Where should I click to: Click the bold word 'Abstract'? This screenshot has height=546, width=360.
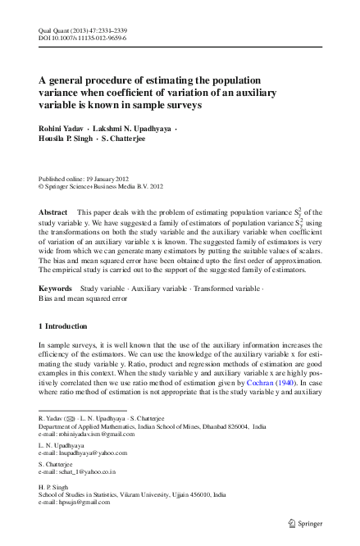click(x=53, y=212)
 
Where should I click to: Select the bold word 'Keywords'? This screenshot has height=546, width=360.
click(x=57, y=290)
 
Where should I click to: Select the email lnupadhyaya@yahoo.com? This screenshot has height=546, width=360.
click(x=89, y=452)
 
